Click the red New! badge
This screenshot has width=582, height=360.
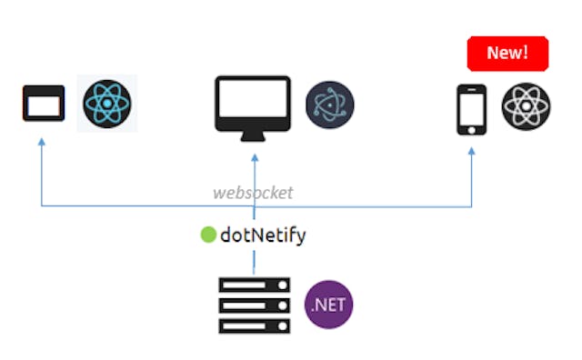click(x=507, y=53)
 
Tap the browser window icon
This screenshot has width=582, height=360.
click(x=44, y=104)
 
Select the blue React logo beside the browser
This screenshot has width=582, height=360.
click(x=108, y=104)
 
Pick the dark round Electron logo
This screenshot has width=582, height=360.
click(x=329, y=105)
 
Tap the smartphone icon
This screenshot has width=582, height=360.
click(x=469, y=109)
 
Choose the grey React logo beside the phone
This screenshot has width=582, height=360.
click(x=527, y=107)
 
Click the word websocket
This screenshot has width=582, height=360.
click(x=253, y=193)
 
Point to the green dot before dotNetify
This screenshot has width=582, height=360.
click(x=208, y=235)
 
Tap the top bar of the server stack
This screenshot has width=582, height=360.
click(x=255, y=285)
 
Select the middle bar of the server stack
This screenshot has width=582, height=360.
click(x=255, y=305)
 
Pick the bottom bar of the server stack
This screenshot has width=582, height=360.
click(x=255, y=325)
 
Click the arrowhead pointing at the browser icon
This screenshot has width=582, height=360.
click(x=41, y=142)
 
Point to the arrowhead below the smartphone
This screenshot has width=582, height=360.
click(x=471, y=151)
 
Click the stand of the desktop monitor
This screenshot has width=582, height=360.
click(x=253, y=136)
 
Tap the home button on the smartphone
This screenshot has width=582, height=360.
click(x=469, y=129)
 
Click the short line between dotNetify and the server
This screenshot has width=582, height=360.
click(x=254, y=259)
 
